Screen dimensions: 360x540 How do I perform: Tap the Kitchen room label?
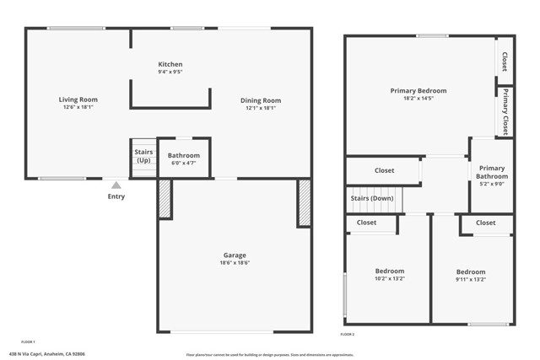[x=170, y=64]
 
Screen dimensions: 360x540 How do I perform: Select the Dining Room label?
[x=263, y=100]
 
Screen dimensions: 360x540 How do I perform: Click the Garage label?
[x=235, y=255]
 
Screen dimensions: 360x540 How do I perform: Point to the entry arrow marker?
[x=116, y=185]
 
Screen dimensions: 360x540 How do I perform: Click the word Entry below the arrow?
[x=116, y=196]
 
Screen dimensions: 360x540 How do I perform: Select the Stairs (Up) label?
[x=143, y=156]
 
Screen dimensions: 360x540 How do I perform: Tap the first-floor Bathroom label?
[x=183, y=155]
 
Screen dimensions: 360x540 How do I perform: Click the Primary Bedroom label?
[x=418, y=90]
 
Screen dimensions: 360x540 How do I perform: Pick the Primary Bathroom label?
[x=492, y=172]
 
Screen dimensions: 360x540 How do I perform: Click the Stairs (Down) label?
[x=372, y=198]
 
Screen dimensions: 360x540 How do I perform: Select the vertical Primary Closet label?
[x=505, y=111]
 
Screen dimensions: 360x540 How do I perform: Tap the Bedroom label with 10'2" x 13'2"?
[x=390, y=271]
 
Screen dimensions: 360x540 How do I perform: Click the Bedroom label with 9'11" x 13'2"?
[x=471, y=271]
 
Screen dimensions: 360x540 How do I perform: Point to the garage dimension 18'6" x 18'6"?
[x=235, y=263]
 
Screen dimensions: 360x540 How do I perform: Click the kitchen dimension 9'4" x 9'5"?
[x=170, y=73]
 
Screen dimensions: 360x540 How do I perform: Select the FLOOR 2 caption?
[x=348, y=335]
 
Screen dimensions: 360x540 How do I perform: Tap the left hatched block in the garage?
[x=165, y=200]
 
